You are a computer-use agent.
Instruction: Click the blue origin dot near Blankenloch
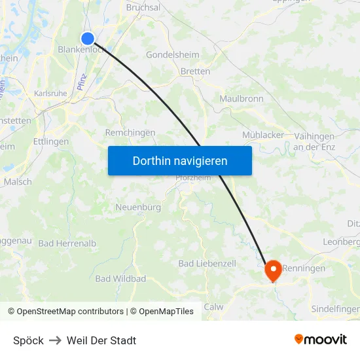pyautogui.click(x=88, y=39)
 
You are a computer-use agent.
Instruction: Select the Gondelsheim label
pyautogui.click(x=172, y=55)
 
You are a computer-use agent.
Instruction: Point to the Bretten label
pyautogui.click(x=195, y=71)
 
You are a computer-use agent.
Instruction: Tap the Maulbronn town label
pyautogui.click(x=242, y=99)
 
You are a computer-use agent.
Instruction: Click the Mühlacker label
pyautogui.click(x=263, y=135)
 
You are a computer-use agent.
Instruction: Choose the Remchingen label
pyautogui.click(x=130, y=133)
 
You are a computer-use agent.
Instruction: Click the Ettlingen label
pyautogui.click(x=50, y=141)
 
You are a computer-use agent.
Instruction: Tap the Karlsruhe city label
pyautogui.click(x=50, y=94)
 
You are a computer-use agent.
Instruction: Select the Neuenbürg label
pyautogui.click(x=138, y=207)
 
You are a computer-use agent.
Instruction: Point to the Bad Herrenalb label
pyautogui.click(x=67, y=243)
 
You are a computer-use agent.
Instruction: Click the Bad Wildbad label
pyautogui.click(x=120, y=279)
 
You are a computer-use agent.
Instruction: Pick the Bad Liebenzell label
pyautogui.click(x=207, y=263)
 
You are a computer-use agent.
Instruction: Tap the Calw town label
pyautogui.click(x=213, y=307)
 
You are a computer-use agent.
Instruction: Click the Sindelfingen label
pyautogui.click(x=335, y=308)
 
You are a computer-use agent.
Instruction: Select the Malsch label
pyautogui.click(x=18, y=182)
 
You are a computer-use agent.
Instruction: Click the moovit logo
pyautogui.click(x=321, y=339)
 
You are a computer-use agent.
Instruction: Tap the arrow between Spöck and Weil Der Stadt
pyautogui.click(x=55, y=340)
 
